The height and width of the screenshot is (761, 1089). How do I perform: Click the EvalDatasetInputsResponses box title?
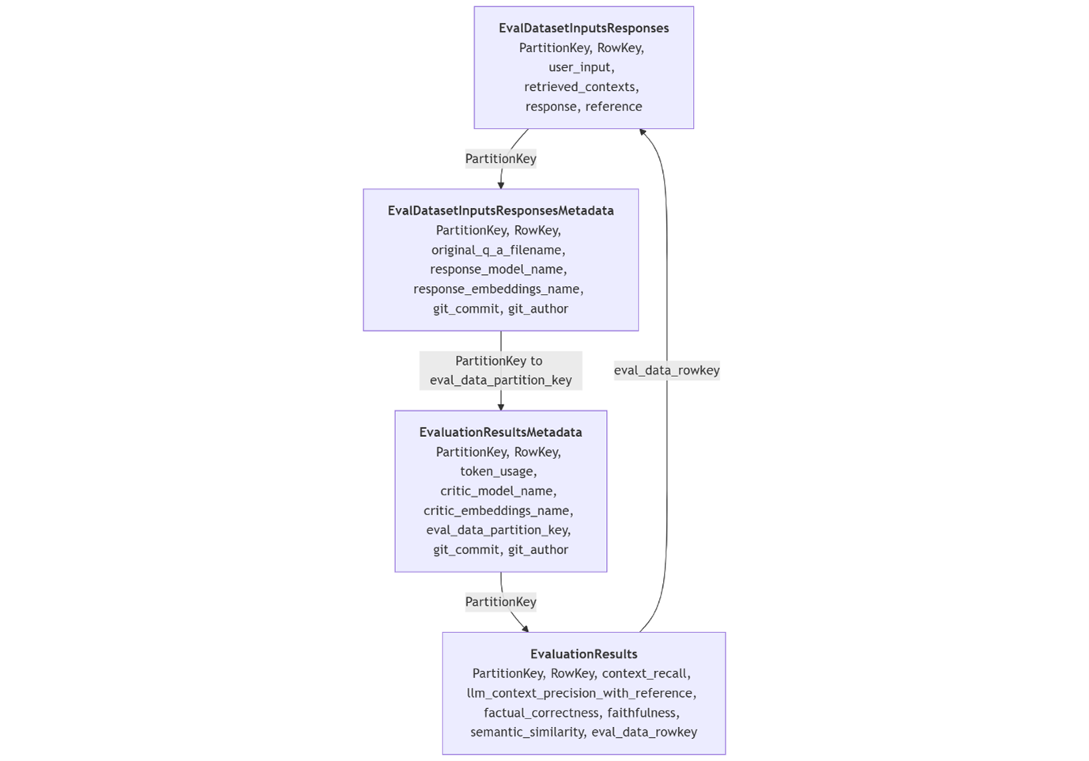(583, 28)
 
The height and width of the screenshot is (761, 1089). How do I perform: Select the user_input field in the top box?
(581, 67)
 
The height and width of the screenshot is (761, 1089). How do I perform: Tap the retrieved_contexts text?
(581, 87)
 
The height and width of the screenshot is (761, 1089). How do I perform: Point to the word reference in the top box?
(613, 107)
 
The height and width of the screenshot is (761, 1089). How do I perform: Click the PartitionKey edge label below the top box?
(500, 159)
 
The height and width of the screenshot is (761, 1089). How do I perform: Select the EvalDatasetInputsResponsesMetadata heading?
(500, 211)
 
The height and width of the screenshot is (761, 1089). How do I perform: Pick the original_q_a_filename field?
(498, 250)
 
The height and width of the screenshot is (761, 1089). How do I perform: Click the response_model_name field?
(498, 269)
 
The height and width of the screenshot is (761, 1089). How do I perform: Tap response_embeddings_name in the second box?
(498, 289)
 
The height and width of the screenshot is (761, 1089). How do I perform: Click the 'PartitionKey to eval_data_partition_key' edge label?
(500, 371)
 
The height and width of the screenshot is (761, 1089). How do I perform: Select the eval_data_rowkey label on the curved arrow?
(666, 371)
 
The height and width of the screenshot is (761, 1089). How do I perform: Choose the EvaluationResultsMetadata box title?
(500, 432)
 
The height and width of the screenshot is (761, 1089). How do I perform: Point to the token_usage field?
(498, 472)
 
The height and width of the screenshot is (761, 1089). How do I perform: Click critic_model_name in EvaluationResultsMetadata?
(498, 491)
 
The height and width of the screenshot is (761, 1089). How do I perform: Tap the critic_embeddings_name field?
(498, 510)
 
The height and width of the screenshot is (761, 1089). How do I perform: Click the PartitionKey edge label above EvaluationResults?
(500, 602)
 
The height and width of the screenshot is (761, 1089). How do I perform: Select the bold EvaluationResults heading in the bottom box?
(583, 654)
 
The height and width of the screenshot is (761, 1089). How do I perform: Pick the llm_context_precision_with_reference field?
(581, 693)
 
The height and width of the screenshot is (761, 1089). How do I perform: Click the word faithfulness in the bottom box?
(642, 713)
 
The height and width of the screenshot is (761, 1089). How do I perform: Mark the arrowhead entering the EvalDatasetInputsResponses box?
(642, 132)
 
